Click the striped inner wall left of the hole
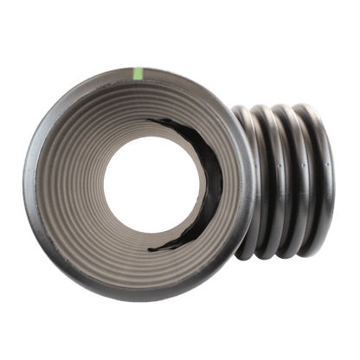click(x=82, y=177)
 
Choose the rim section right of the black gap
click(x=238, y=177)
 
